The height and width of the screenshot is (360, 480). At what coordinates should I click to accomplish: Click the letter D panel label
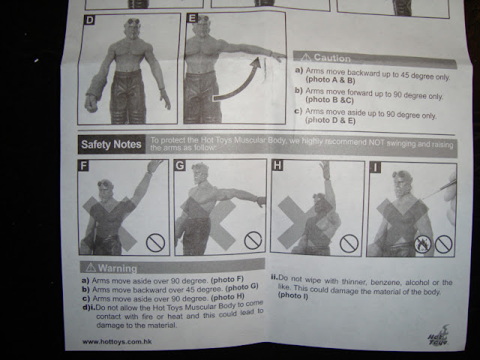pyautogui.click(x=89, y=20)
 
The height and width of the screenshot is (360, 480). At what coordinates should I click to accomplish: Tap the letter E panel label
pyautogui.click(x=192, y=18)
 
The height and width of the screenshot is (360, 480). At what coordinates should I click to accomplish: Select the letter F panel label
pyautogui.click(x=83, y=166)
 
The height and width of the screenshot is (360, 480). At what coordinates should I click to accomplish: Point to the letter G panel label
pyautogui.click(x=180, y=166)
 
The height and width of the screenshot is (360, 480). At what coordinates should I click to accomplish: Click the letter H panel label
pyautogui.click(x=277, y=165)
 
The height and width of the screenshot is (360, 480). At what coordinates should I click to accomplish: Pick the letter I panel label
pyautogui.click(x=375, y=167)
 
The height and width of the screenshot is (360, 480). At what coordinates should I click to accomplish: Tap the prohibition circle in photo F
pyautogui.click(x=155, y=243)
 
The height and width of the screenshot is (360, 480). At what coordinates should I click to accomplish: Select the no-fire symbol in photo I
pyautogui.click(x=422, y=244)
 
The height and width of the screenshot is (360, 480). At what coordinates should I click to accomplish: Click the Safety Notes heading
pyautogui.click(x=112, y=144)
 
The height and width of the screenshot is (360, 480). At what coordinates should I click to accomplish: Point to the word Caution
pyautogui.click(x=332, y=58)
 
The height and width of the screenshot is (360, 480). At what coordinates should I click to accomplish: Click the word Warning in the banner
pyautogui.click(x=118, y=268)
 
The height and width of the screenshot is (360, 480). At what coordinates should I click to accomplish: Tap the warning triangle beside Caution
pyautogui.click(x=306, y=57)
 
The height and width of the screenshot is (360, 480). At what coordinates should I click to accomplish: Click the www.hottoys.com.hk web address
pyautogui.click(x=117, y=342)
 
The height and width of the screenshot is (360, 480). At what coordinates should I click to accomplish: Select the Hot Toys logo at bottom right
pyautogui.click(x=439, y=336)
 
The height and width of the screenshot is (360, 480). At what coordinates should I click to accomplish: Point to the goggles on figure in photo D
pyautogui.click(x=133, y=22)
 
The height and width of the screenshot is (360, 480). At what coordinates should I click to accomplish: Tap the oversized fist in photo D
pyautogui.click(x=91, y=103)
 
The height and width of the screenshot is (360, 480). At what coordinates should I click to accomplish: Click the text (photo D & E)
pyautogui.click(x=330, y=120)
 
